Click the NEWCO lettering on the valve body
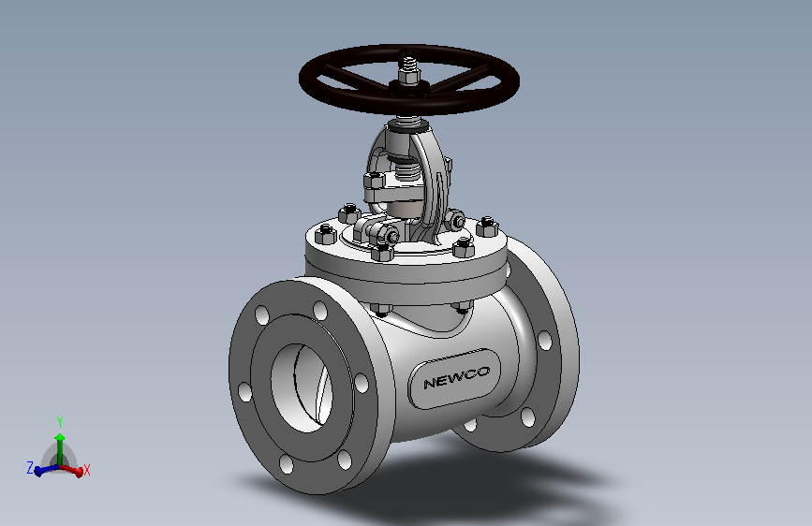coord(456,377)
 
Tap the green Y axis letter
coord(60,422)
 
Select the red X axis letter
coord(87,470)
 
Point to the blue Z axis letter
coord(30,468)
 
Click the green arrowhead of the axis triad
coord(60,437)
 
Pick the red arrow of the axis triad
coord(71,470)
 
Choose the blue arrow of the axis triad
coord(47,470)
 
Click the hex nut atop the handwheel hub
coord(408,78)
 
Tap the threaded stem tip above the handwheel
coord(408,62)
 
